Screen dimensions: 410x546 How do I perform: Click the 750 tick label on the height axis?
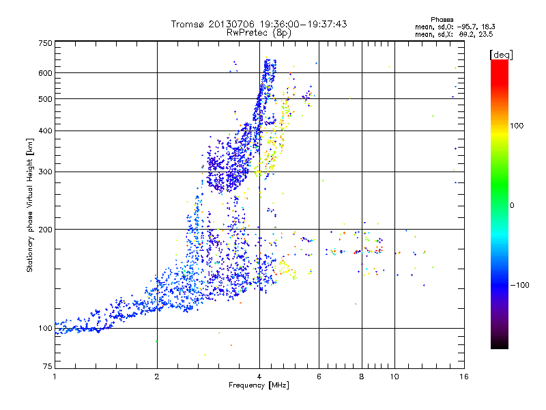click(45, 42)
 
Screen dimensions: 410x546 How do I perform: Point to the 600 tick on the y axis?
click(45, 73)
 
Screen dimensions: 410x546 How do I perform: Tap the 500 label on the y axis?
click(45, 99)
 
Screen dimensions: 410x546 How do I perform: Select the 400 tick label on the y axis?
click(45, 131)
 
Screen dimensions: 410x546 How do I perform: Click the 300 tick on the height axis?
click(45, 172)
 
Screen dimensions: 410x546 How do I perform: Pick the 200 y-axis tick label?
click(45, 230)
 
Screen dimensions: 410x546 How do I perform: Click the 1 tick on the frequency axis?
click(55, 377)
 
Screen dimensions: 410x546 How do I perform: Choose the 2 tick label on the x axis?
click(157, 377)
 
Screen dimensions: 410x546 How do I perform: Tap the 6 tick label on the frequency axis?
click(319, 377)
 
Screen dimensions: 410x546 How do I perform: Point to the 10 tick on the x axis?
click(394, 377)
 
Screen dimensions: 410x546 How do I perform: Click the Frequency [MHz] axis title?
click(258, 386)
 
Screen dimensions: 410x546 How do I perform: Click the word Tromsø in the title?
click(187, 24)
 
